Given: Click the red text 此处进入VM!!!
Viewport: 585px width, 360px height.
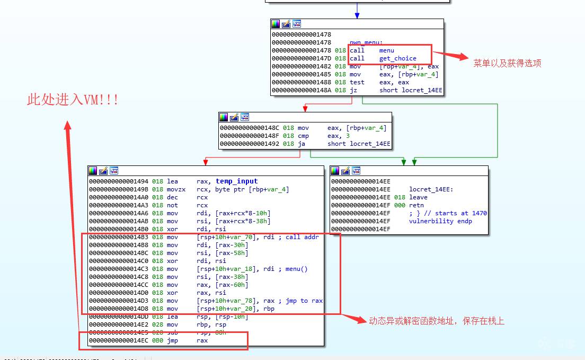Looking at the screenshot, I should pyautogui.click(x=73, y=100).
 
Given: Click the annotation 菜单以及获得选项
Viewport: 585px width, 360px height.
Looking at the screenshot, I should pyautogui.click(x=507, y=63).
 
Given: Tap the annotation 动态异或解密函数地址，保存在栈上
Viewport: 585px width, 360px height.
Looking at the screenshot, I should pyautogui.click(x=436, y=321).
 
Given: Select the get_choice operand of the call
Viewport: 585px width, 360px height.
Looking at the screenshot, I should pyautogui.click(x=397, y=58).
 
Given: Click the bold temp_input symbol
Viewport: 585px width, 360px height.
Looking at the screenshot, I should pyautogui.click(x=236, y=181).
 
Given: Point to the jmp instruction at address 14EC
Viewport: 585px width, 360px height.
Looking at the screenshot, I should pyautogui.click(x=172, y=340).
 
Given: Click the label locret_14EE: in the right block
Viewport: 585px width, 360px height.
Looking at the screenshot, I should pyautogui.click(x=431, y=189).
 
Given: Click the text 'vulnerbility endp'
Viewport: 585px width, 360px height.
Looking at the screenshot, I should pyautogui.click(x=440, y=221).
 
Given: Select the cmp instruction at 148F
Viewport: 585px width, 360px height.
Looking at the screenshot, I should pyautogui.click(x=303, y=136).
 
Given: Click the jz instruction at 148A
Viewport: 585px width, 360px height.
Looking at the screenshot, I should pyautogui.click(x=353, y=90).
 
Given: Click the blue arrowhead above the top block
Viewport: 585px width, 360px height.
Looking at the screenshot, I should pyautogui.click(x=357, y=16).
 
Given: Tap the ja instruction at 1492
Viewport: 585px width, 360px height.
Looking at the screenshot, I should pyautogui.click(x=303, y=144).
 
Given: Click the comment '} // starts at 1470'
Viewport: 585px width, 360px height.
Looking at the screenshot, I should pyautogui.click(x=448, y=213).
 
